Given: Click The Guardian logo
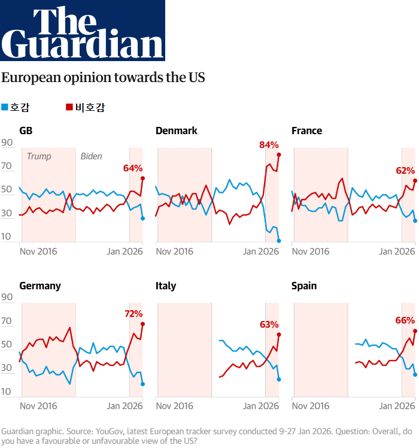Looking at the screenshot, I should click(83, 31).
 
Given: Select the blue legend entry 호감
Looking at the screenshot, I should click(16, 108).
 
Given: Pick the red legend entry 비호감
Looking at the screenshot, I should click(87, 108).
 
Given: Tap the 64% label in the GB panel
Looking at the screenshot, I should click(133, 168).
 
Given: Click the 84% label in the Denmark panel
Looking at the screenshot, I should click(269, 145).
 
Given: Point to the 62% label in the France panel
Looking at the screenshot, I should click(405, 171).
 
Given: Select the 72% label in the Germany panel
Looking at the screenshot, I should click(133, 313).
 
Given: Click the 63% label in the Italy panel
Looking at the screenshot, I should click(269, 325).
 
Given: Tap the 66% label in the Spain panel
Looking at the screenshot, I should click(405, 320).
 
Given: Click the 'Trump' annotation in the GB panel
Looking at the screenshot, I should click(39, 156).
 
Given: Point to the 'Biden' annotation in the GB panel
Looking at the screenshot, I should click(91, 156).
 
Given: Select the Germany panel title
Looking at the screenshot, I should click(40, 286).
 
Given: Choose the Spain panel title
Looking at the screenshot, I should click(303, 286).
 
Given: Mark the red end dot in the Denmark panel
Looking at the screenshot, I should click(279, 155).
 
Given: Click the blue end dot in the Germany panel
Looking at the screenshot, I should click(142, 384).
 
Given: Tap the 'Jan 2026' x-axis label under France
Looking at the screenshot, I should click(397, 251).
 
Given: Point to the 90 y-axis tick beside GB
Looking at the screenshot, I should click(7, 143).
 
